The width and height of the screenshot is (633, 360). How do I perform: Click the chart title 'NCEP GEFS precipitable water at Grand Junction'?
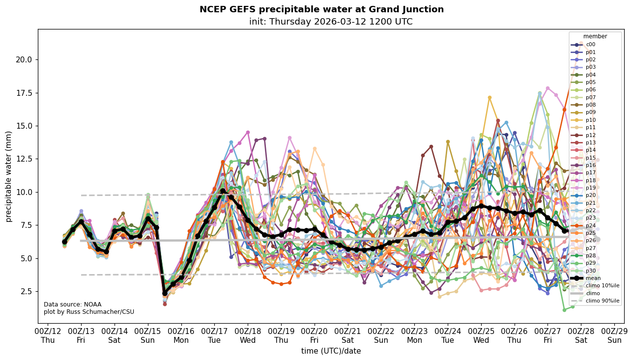click(x=321, y=9)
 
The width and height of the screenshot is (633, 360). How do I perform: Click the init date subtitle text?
click(x=331, y=22)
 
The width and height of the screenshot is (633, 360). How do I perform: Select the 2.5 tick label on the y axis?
click(x=26, y=292)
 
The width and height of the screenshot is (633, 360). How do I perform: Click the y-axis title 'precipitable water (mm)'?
click(x=9, y=176)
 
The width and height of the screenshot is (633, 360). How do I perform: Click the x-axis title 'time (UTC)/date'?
click(x=331, y=351)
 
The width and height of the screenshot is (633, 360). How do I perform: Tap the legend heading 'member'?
click(x=595, y=36)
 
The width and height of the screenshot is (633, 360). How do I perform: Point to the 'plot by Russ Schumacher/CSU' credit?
click(x=89, y=312)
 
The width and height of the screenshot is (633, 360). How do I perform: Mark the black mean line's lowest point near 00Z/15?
click(x=165, y=293)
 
